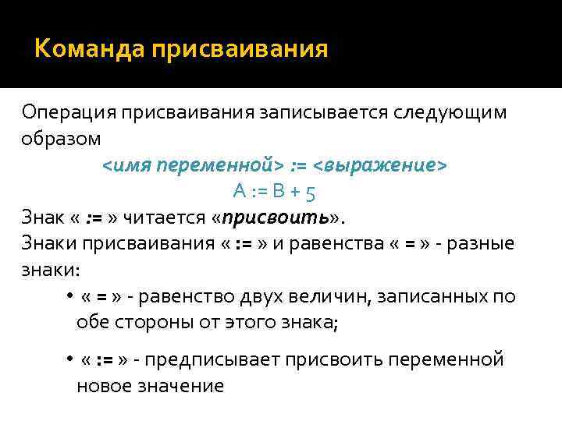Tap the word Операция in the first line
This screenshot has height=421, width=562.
tap(67, 112)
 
